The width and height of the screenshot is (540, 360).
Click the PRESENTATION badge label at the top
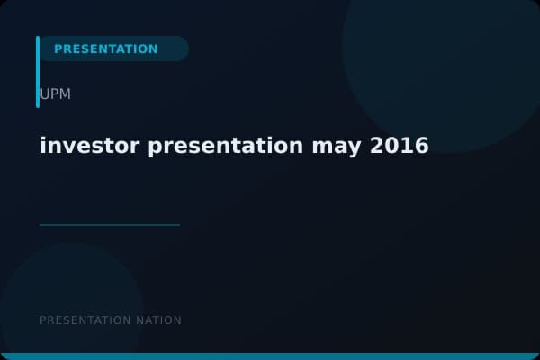[x=105, y=49]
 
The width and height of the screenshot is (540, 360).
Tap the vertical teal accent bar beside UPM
[x=38, y=72]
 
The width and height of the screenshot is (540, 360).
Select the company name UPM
[x=55, y=94]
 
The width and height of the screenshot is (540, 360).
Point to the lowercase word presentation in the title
[x=226, y=145]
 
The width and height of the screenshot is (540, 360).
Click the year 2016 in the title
[x=400, y=145]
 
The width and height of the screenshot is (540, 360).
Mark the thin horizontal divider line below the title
[x=110, y=225]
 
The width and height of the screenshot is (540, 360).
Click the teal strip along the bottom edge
[x=270, y=356]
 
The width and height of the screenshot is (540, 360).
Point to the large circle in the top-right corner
[x=441, y=63]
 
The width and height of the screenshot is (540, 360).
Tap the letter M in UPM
[x=65, y=94]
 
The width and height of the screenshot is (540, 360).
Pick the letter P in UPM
[x=54, y=94]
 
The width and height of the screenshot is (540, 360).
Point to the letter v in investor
[x=68, y=147]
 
